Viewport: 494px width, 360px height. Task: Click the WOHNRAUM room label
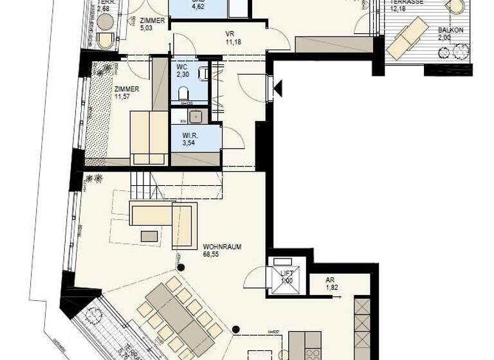click(222, 246)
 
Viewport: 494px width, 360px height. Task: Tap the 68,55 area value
click(212, 254)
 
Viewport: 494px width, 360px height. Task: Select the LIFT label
click(287, 274)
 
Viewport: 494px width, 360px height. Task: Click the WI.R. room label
click(188, 135)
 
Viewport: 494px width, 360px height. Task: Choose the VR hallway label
click(230, 34)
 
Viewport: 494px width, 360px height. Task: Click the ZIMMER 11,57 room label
click(126, 89)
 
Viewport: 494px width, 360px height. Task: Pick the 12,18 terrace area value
click(399, 9)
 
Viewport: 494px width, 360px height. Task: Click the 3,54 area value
click(188, 143)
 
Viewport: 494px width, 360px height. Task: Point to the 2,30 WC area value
click(183, 74)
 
